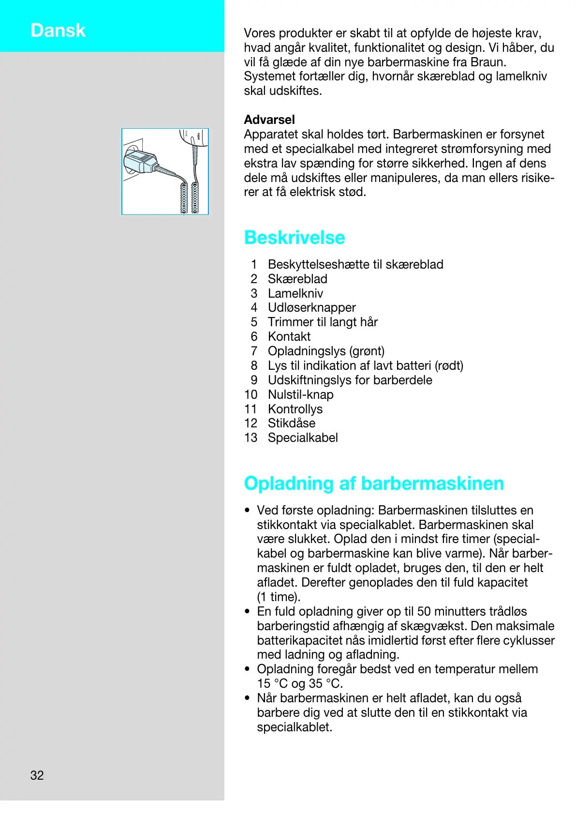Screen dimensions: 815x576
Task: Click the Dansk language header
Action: [58, 30]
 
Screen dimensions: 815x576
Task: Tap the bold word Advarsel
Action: [269, 120]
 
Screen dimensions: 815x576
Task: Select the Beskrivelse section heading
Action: [295, 238]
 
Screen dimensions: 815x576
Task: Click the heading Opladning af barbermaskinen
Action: [374, 483]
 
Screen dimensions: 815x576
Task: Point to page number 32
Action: [37, 775]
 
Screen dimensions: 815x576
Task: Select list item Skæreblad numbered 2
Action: [297, 279]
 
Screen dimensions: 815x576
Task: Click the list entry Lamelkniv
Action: [295, 293]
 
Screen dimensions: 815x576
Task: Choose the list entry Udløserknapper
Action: [312, 307]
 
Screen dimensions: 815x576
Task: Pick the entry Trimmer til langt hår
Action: [323, 322]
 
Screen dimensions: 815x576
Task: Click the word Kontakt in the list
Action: [289, 336]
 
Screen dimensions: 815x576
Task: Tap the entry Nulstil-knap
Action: [301, 394]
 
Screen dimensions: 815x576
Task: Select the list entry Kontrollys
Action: [295, 409]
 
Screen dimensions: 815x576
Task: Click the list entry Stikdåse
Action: [292, 423]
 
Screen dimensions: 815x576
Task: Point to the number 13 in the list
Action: [251, 438]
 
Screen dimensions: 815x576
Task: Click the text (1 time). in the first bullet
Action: [279, 597]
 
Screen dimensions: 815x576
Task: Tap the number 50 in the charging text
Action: [424, 611]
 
